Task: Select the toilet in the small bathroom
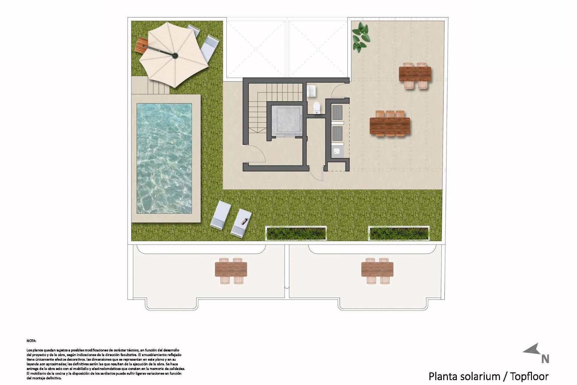pos(317,108)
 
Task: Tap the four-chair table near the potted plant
pos(415,74)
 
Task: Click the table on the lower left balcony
pos(231,269)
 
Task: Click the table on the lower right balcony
pos(377,269)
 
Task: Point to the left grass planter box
pos(296,233)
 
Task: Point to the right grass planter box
pos(398,233)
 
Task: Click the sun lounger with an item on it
pos(241,223)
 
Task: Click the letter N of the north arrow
pos(545,359)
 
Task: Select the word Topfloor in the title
pos(529,376)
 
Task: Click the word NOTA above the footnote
pos(31,341)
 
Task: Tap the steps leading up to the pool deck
pos(158,87)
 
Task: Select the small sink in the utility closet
pos(337,151)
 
